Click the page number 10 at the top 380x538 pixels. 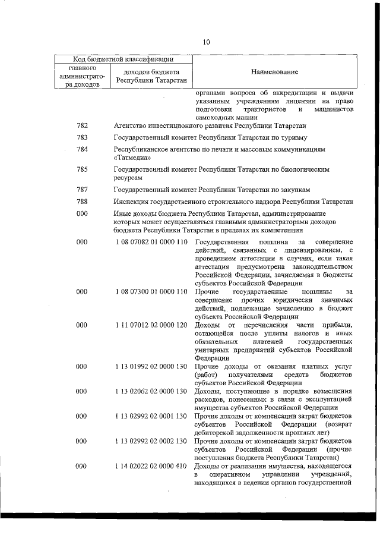(206, 42)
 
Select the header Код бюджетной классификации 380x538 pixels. (123, 59)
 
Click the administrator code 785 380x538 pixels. (83, 169)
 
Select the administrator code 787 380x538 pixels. (83, 190)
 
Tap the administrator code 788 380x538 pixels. (83, 202)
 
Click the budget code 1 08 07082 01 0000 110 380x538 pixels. (151, 243)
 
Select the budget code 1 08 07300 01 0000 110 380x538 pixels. (151, 292)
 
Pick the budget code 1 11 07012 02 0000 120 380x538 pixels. (151, 325)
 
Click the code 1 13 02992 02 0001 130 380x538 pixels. (151, 416)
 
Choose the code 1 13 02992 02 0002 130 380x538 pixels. (151, 441)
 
